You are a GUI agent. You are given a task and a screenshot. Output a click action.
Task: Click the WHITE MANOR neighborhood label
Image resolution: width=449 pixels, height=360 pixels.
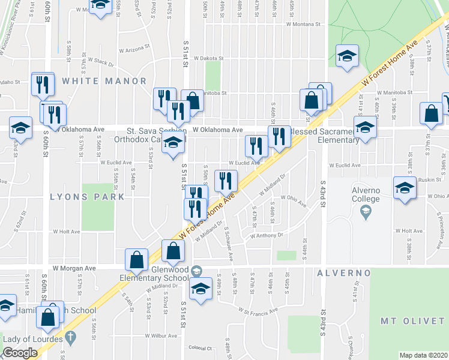coord(104,80)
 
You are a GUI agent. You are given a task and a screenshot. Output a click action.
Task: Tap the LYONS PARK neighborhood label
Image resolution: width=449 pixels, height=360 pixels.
coord(87,196)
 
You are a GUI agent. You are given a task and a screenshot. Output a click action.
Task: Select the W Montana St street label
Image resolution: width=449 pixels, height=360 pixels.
coord(305,25)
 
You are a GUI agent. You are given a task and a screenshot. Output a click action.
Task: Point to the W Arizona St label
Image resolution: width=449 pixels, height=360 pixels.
coord(137,50)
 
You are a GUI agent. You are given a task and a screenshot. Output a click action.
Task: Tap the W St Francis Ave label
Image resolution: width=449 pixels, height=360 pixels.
coord(258,311)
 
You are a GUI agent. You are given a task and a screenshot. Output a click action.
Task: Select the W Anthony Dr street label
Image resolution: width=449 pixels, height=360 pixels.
coord(267,235)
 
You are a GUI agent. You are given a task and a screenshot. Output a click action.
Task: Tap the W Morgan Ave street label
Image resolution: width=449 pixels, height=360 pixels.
coord(74,268)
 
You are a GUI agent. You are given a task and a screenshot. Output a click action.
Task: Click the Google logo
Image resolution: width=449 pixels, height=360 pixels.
coord(20,353)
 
